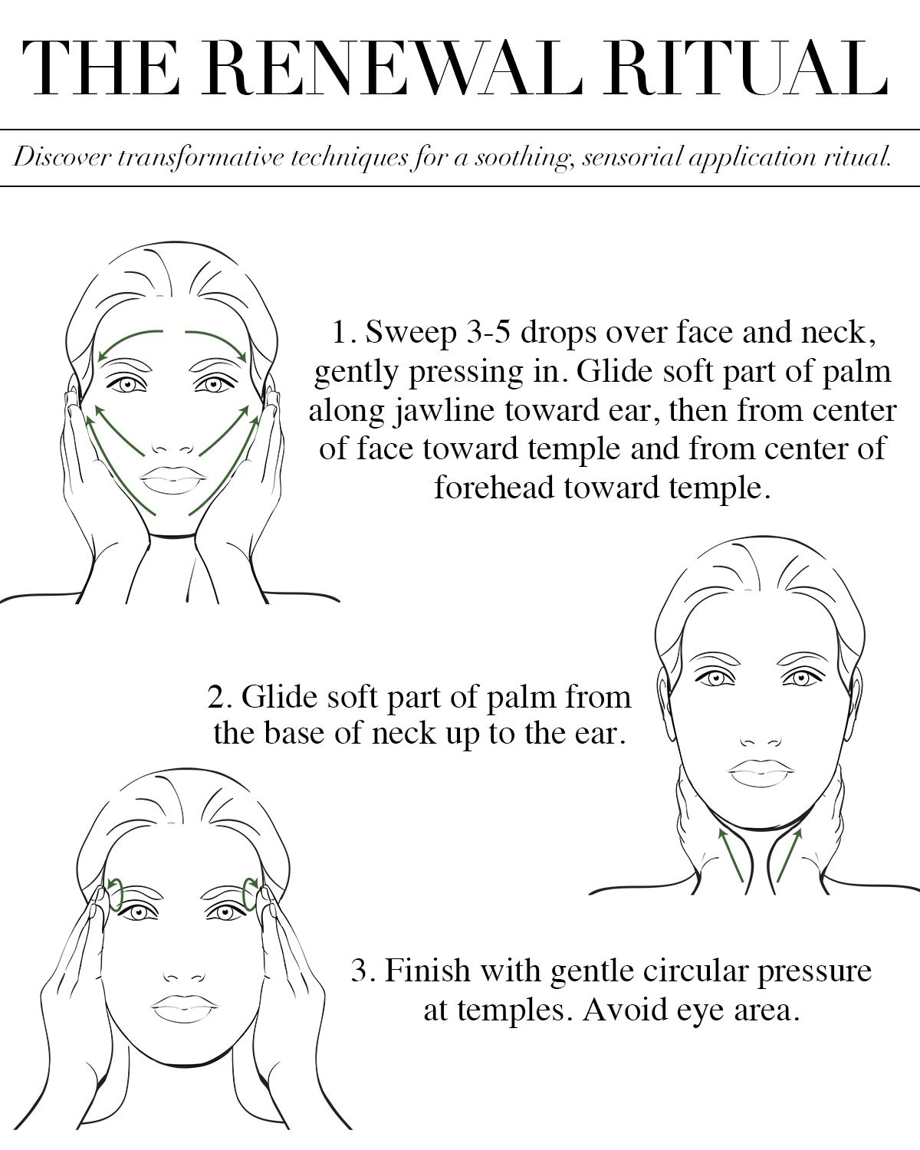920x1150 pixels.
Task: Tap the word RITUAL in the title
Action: click(x=746, y=68)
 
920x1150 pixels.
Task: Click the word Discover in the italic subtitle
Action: click(x=62, y=157)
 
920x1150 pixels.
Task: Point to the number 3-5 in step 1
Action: click(x=488, y=333)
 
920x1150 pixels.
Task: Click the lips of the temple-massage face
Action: click(x=185, y=1008)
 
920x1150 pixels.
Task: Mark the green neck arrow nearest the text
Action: click(x=789, y=855)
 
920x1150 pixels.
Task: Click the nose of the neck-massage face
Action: click(x=761, y=741)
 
